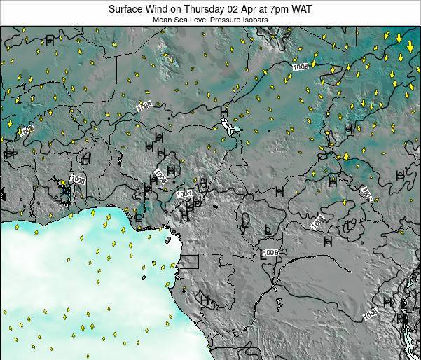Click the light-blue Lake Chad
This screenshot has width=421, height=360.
[228, 127]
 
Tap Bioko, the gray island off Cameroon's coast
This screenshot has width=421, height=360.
[168, 240]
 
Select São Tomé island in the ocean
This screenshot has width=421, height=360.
[144, 277]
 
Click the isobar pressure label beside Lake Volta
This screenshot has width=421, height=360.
[77, 180]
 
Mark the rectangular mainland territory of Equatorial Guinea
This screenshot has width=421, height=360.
[189, 262]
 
